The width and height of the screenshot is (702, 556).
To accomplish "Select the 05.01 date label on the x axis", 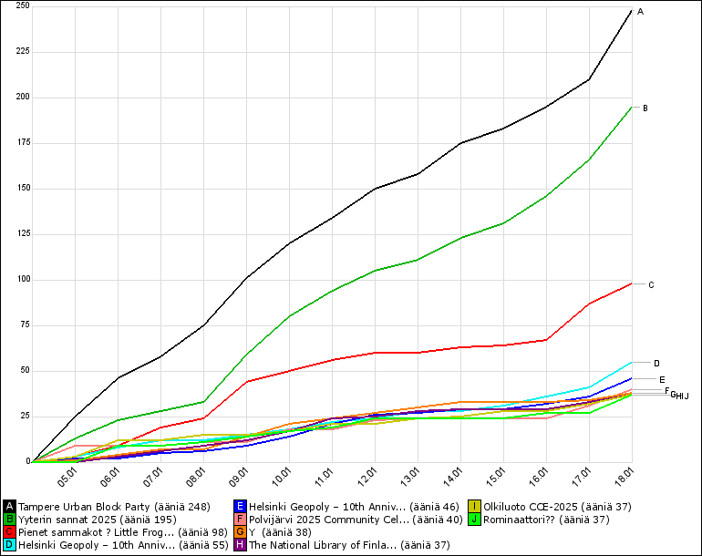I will point(67,478).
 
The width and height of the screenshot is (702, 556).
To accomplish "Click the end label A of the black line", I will point(640,12).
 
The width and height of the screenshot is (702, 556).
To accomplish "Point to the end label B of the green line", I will point(645,108).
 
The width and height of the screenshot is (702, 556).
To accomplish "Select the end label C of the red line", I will point(651,285).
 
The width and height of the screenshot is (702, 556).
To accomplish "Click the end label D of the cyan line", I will point(656,363).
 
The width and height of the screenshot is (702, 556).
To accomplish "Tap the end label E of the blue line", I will point(662,380).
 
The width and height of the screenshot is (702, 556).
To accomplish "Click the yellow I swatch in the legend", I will point(474,506).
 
